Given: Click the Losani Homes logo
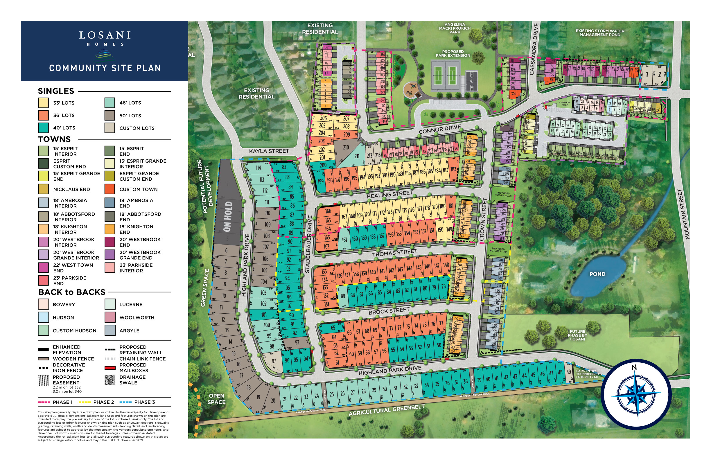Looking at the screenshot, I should coord(105,45).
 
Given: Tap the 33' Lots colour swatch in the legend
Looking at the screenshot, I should coord(43,103).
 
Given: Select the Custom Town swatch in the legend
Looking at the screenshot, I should coord(109,189).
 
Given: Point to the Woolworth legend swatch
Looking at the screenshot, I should coord(109,317).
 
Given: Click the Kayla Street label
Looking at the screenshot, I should coord(269,151).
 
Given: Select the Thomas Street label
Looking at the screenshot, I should coord(394,253).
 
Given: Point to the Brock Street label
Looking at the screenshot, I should coord(389,311).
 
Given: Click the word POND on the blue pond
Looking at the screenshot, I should coord(597,274).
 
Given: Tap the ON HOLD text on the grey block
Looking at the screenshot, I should coord(228,217).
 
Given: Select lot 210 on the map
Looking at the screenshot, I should coord(346,147).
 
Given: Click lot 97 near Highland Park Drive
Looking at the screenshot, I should coord(274,361).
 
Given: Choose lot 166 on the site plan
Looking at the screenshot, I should coord(328,211).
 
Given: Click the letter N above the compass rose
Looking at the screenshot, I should coord(634,367).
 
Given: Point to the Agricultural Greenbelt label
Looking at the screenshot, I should coord(387,410).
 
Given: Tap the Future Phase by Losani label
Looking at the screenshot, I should coord(577,335).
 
